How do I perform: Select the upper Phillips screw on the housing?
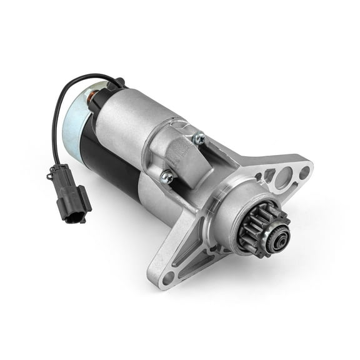(x=199, y=139)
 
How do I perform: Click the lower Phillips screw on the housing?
(x=167, y=179)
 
